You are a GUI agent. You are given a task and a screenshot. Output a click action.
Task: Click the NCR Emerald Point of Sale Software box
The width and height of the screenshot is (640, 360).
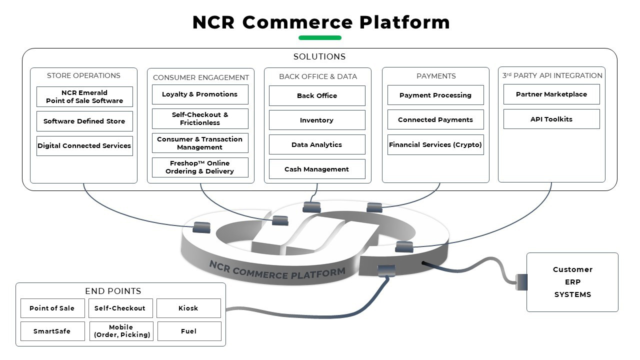(x=84, y=96)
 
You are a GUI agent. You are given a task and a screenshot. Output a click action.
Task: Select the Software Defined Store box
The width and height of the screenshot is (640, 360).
(x=84, y=121)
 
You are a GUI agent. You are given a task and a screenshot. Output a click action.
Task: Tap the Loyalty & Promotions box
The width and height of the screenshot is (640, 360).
(x=200, y=94)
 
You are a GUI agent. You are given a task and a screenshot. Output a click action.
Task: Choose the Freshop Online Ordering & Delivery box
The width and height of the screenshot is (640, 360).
(x=200, y=167)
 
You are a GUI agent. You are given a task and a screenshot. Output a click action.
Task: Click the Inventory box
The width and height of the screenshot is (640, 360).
(x=317, y=120)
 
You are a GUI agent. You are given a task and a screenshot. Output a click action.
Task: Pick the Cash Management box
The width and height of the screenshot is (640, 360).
(x=317, y=169)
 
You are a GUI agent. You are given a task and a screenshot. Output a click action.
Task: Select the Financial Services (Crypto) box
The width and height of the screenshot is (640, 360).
(x=435, y=144)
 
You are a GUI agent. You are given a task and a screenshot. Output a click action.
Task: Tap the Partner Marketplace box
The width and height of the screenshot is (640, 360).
(x=551, y=94)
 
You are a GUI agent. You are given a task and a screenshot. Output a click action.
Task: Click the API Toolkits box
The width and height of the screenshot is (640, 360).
(x=551, y=119)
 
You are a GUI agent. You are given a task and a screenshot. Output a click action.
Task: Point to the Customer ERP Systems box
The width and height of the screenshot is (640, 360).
(x=572, y=282)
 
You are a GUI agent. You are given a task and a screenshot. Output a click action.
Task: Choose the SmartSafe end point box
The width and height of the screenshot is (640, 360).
(x=52, y=331)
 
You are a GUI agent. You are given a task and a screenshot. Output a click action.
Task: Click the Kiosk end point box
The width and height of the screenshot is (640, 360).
(x=188, y=308)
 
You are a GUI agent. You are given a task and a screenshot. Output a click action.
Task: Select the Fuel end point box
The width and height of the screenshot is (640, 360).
(x=189, y=331)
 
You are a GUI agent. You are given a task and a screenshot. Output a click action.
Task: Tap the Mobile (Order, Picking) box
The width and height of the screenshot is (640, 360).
(x=121, y=331)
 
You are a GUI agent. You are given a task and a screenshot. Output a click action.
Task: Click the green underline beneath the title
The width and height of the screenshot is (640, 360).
(x=320, y=37)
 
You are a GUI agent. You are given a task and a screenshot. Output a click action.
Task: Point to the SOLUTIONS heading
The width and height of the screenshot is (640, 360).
(x=319, y=57)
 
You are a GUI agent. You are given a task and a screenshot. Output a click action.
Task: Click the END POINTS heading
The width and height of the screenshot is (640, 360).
(x=113, y=291)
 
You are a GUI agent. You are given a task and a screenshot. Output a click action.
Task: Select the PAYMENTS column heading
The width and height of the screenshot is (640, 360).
(x=436, y=76)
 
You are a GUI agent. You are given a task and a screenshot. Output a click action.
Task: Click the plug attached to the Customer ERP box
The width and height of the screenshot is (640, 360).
(x=521, y=282)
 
